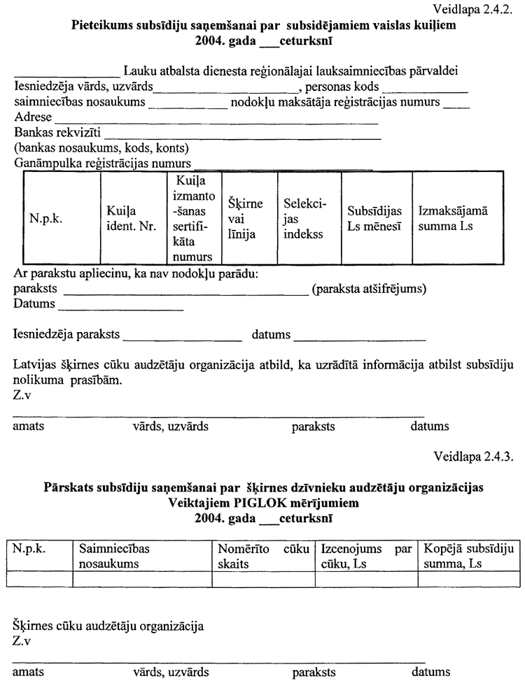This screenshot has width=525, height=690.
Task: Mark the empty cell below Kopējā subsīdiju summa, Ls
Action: pos(467,578)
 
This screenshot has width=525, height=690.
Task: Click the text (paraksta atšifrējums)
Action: pos(370,289)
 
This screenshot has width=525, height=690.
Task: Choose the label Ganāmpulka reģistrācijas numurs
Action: pos(103,164)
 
